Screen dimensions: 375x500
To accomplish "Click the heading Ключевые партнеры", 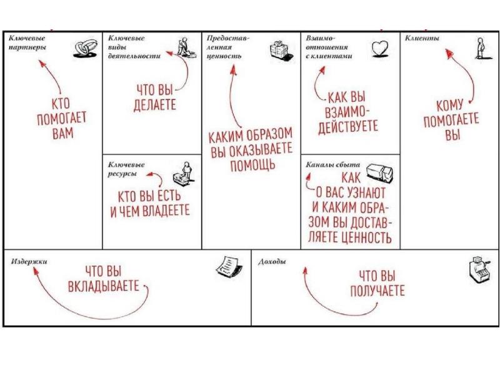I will pos(27,42).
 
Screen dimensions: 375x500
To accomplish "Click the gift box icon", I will pos(281,49).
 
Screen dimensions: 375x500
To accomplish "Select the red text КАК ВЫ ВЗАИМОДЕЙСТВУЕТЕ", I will pos(348,111).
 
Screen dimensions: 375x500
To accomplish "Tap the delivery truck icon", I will pos(378,171).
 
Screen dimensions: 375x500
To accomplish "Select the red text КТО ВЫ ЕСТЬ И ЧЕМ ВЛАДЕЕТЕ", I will pos(150,204).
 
